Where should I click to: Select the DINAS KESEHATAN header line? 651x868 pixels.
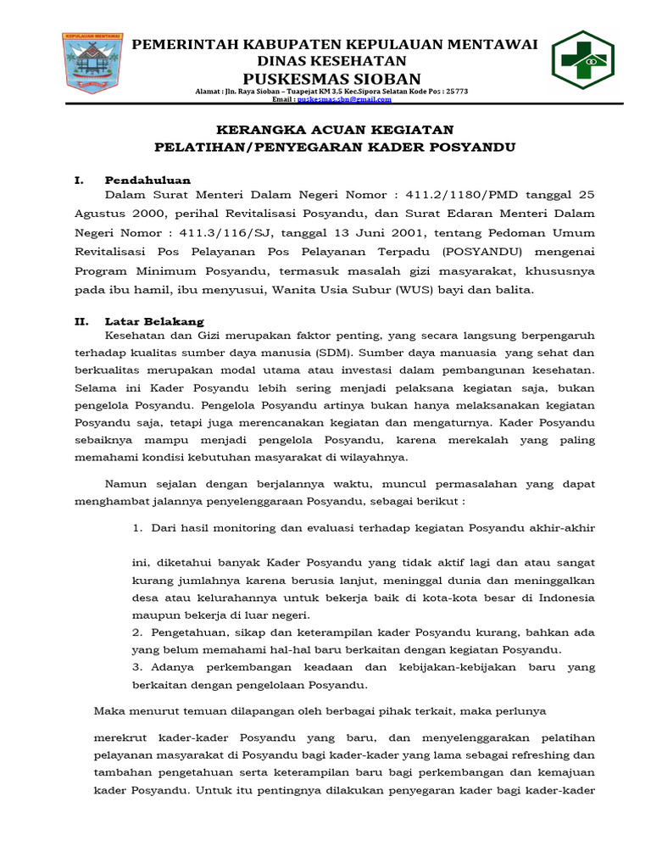[x=337, y=61]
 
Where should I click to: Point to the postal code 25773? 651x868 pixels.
[x=456, y=91]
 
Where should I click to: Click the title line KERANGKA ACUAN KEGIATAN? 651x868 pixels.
[x=335, y=130]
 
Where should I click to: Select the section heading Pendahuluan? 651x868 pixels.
[x=147, y=181]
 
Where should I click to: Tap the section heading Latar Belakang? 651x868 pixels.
[x=154, y=321]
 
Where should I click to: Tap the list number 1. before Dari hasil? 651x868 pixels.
[x=136, y=527]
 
